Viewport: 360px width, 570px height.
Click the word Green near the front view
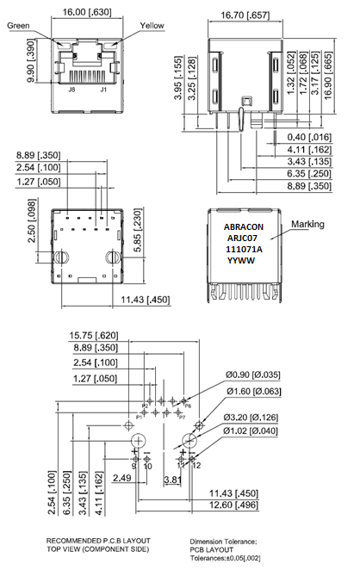coord(20,26)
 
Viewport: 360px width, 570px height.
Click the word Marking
coord(307,225)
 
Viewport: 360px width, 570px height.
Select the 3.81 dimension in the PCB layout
coord(172,479)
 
